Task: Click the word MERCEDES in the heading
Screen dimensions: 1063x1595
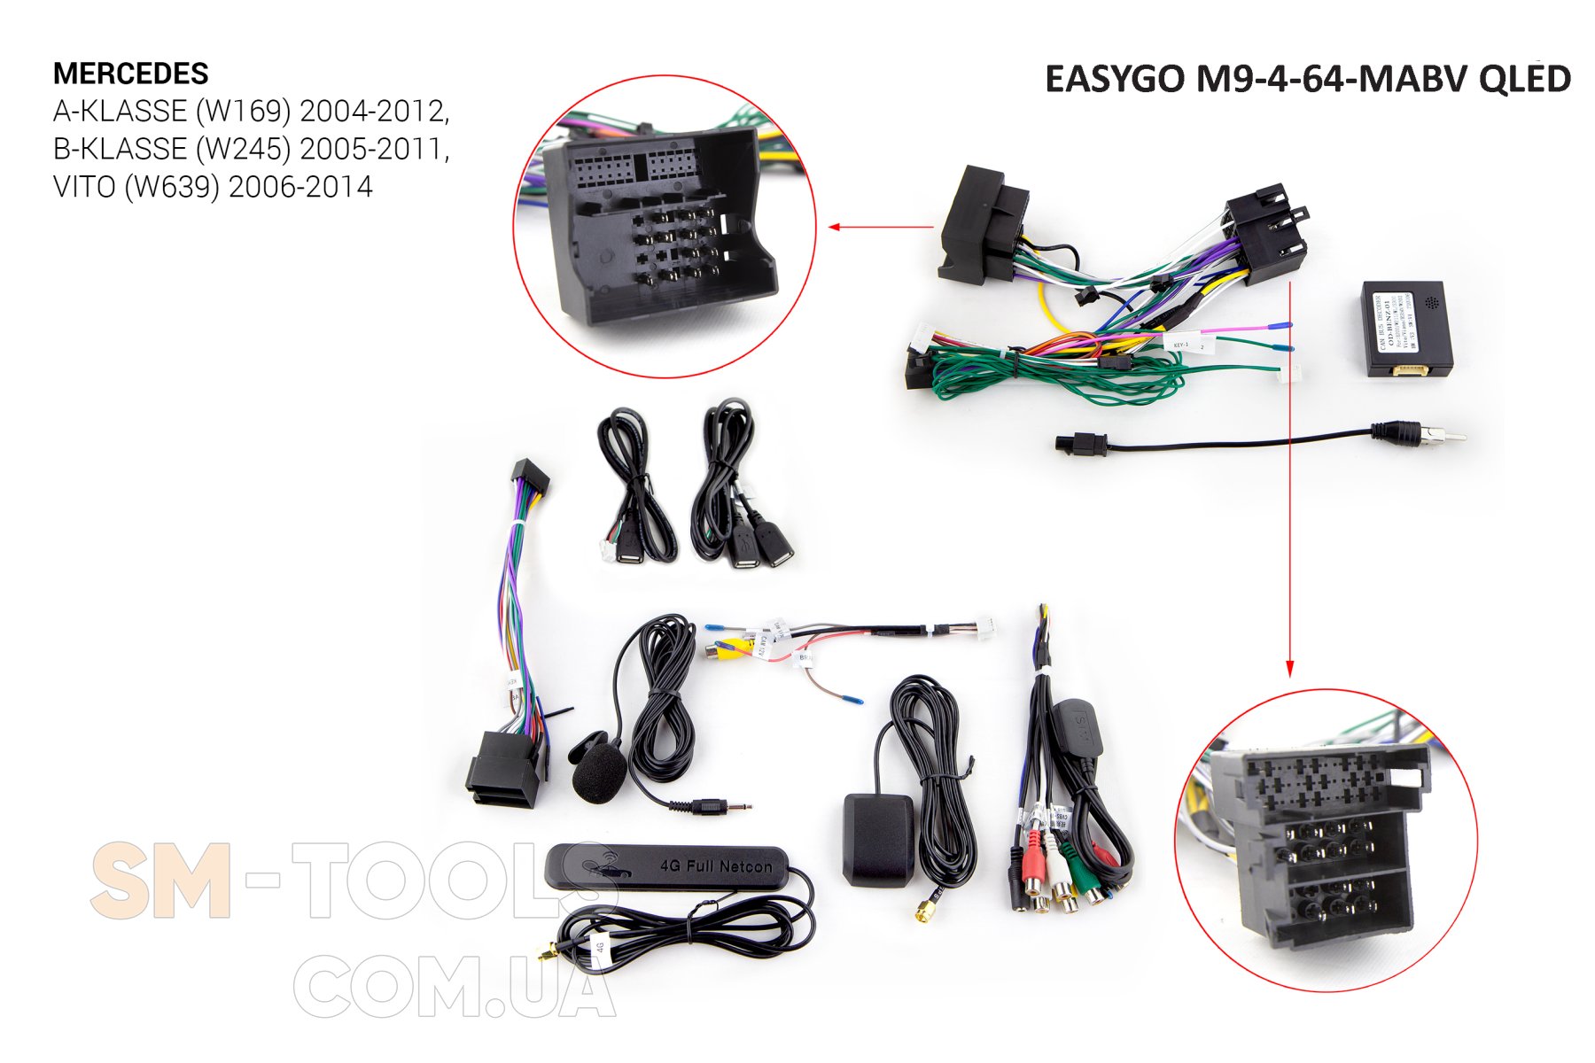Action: [131, 74]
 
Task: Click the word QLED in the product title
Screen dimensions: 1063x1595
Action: [1524, 80]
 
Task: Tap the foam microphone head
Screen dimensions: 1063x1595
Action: [599, 773]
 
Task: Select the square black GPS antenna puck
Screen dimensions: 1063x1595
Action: [877, 838]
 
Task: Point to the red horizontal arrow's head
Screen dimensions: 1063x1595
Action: [834, 227]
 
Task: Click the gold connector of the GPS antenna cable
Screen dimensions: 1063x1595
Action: [925, 911]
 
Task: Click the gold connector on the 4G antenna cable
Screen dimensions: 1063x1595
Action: [548, 956]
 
